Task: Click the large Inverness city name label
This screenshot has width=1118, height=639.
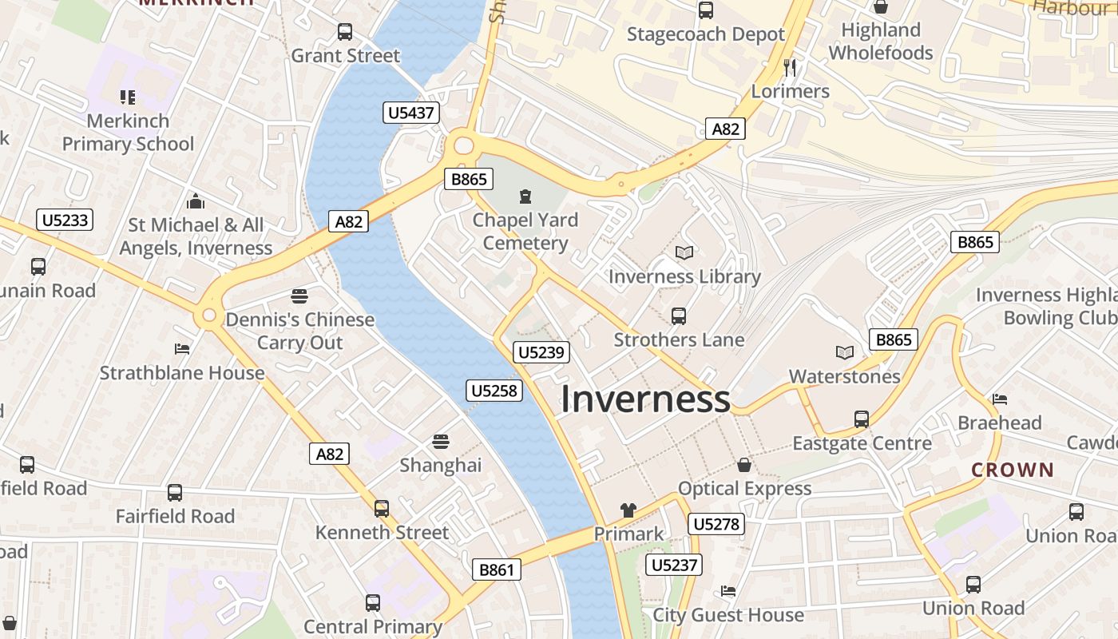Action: (x=645, y=399)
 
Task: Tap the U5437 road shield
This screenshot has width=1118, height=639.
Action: (x=410, y=113)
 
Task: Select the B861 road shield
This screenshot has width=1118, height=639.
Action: (x=497, y=570)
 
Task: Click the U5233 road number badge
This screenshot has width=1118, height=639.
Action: (x=65, y=220)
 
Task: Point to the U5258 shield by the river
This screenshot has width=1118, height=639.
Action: (x=495, y=391)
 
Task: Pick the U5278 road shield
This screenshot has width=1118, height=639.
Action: (x=716, y=524)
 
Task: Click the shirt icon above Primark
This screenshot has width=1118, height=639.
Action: (x=628, y=510)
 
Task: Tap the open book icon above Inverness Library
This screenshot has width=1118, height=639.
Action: (x=684, y=253)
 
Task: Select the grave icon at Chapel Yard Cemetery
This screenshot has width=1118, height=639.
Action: (x=525, y=196)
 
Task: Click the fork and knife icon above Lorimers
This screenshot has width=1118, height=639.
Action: (x=790, y=67)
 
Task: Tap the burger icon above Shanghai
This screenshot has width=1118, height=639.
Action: (x=440, y=442)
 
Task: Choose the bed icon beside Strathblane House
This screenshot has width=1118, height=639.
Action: (x=182, y=349)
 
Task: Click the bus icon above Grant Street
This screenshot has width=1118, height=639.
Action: (x=345, y=32)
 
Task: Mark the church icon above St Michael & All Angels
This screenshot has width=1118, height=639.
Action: (x=196, y=201)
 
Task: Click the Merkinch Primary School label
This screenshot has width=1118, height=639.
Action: (x=128, y=133)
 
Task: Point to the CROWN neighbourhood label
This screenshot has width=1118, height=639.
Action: (x=1013, y=470)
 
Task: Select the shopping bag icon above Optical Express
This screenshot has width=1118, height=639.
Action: (x=744, y=465)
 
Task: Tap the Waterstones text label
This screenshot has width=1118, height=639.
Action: (x=844, y=376)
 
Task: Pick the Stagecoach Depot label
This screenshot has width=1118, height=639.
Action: (x=706, y=34)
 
